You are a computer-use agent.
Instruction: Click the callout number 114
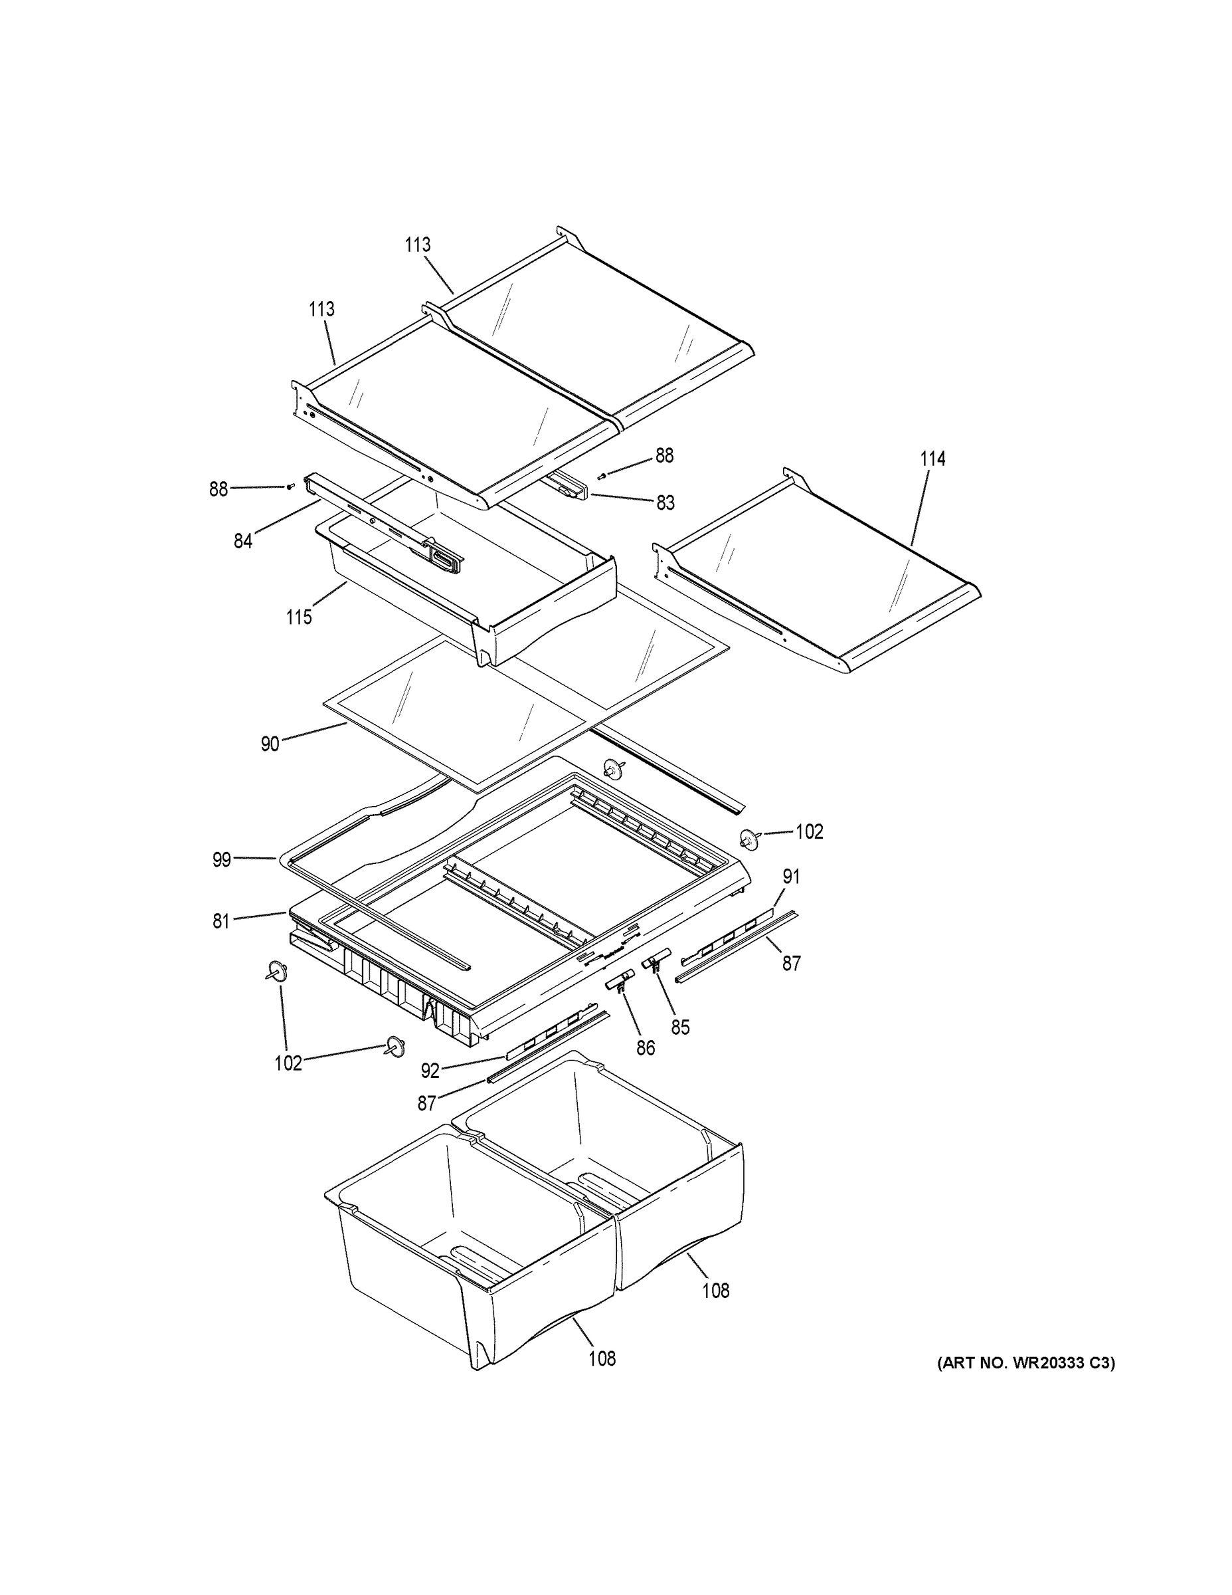tap(932, 459)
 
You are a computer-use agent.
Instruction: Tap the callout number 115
tap(298, 617)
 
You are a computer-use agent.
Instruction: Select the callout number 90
tap(270, 744)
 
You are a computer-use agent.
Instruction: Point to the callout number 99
tap(222, 859)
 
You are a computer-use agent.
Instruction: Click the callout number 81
tap(221, 922)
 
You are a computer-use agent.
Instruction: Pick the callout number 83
tap(665, 502)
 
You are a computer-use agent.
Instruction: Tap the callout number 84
tap(243, 541)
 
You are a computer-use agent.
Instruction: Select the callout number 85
tap(680, 1027)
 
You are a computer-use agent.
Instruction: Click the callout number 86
tap(645, 1048)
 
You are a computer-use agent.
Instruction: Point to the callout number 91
tap(791, 876)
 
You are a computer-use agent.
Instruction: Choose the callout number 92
tap(430, 1071)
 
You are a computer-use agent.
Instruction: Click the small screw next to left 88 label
tap(290, 486)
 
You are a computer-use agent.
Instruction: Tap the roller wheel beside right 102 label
tap(748, 840)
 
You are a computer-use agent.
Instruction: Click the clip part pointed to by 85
tap(656, 959)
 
